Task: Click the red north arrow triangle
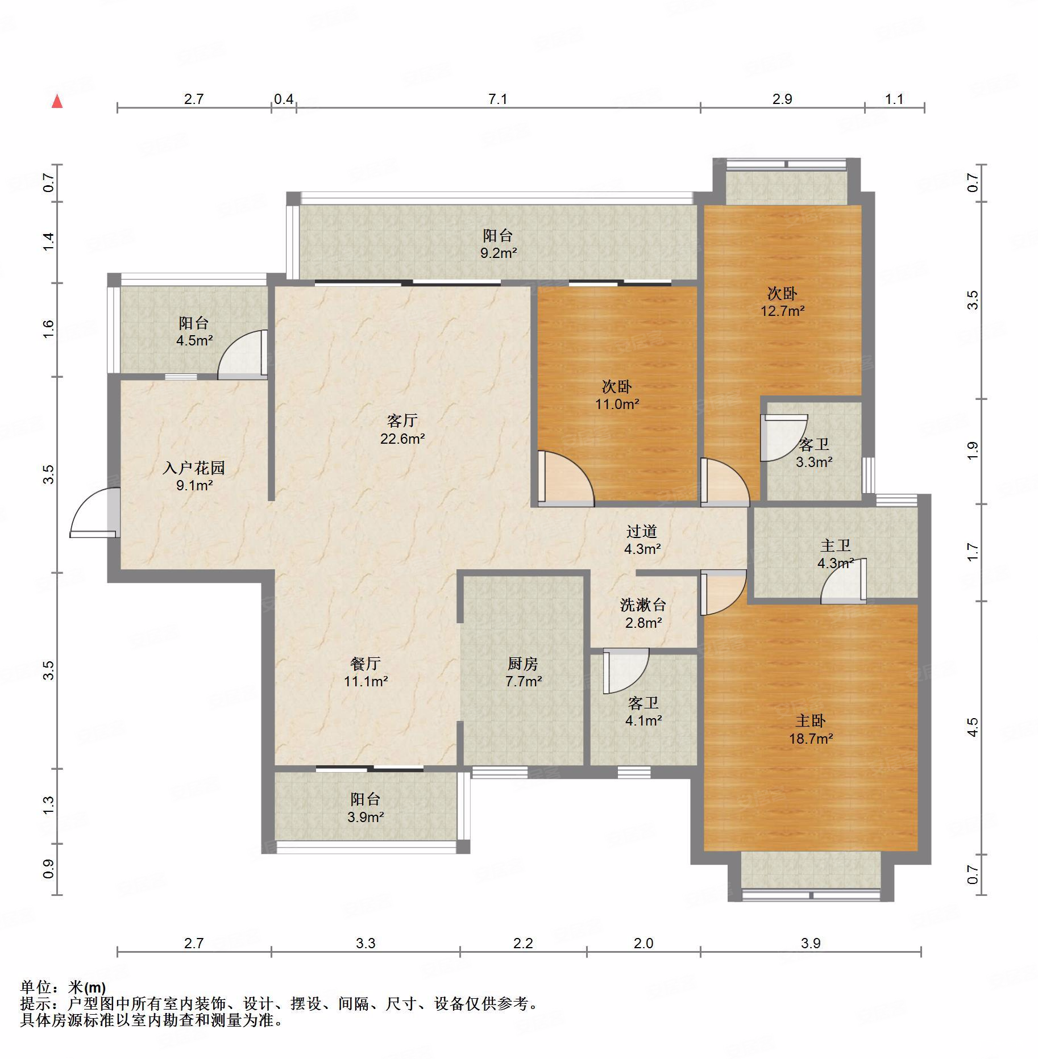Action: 57,102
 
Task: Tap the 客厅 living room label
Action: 402,420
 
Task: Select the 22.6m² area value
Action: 402,439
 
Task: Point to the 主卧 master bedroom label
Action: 811,721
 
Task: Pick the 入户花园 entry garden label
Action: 194,468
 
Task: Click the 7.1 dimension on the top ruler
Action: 497,99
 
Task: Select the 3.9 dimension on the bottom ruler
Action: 811,944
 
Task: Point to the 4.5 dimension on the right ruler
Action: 973,728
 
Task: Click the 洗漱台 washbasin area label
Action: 643,605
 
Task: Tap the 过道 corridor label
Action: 642,531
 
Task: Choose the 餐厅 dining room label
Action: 366,663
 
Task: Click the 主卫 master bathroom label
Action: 836,545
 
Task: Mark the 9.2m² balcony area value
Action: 499,253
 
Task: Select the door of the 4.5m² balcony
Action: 243,355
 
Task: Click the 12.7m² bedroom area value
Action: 783,311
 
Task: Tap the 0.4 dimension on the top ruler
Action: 284,99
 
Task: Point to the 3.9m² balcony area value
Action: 366,817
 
